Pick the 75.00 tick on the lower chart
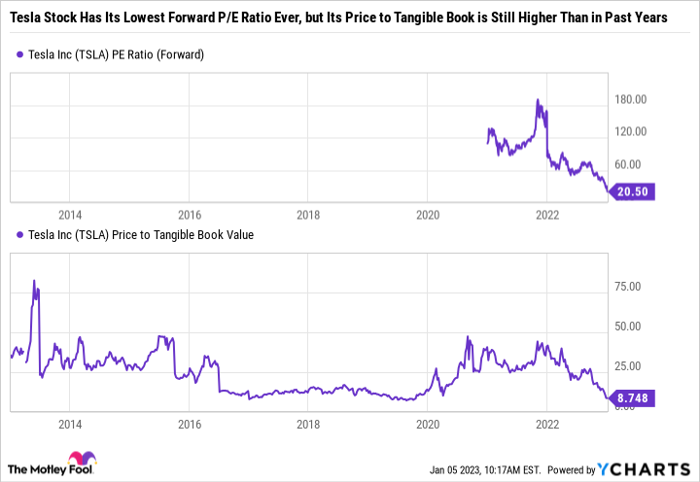click(633, 287)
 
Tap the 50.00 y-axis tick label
click(633, 327)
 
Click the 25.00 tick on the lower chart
click(633, 366)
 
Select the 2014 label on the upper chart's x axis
click(69, 215)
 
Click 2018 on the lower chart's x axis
click(308, 425)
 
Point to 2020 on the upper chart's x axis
click(428, 215)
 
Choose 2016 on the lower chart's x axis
click(189, 425)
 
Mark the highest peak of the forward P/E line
click(538, 100)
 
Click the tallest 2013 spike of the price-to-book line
click(34, 281)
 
